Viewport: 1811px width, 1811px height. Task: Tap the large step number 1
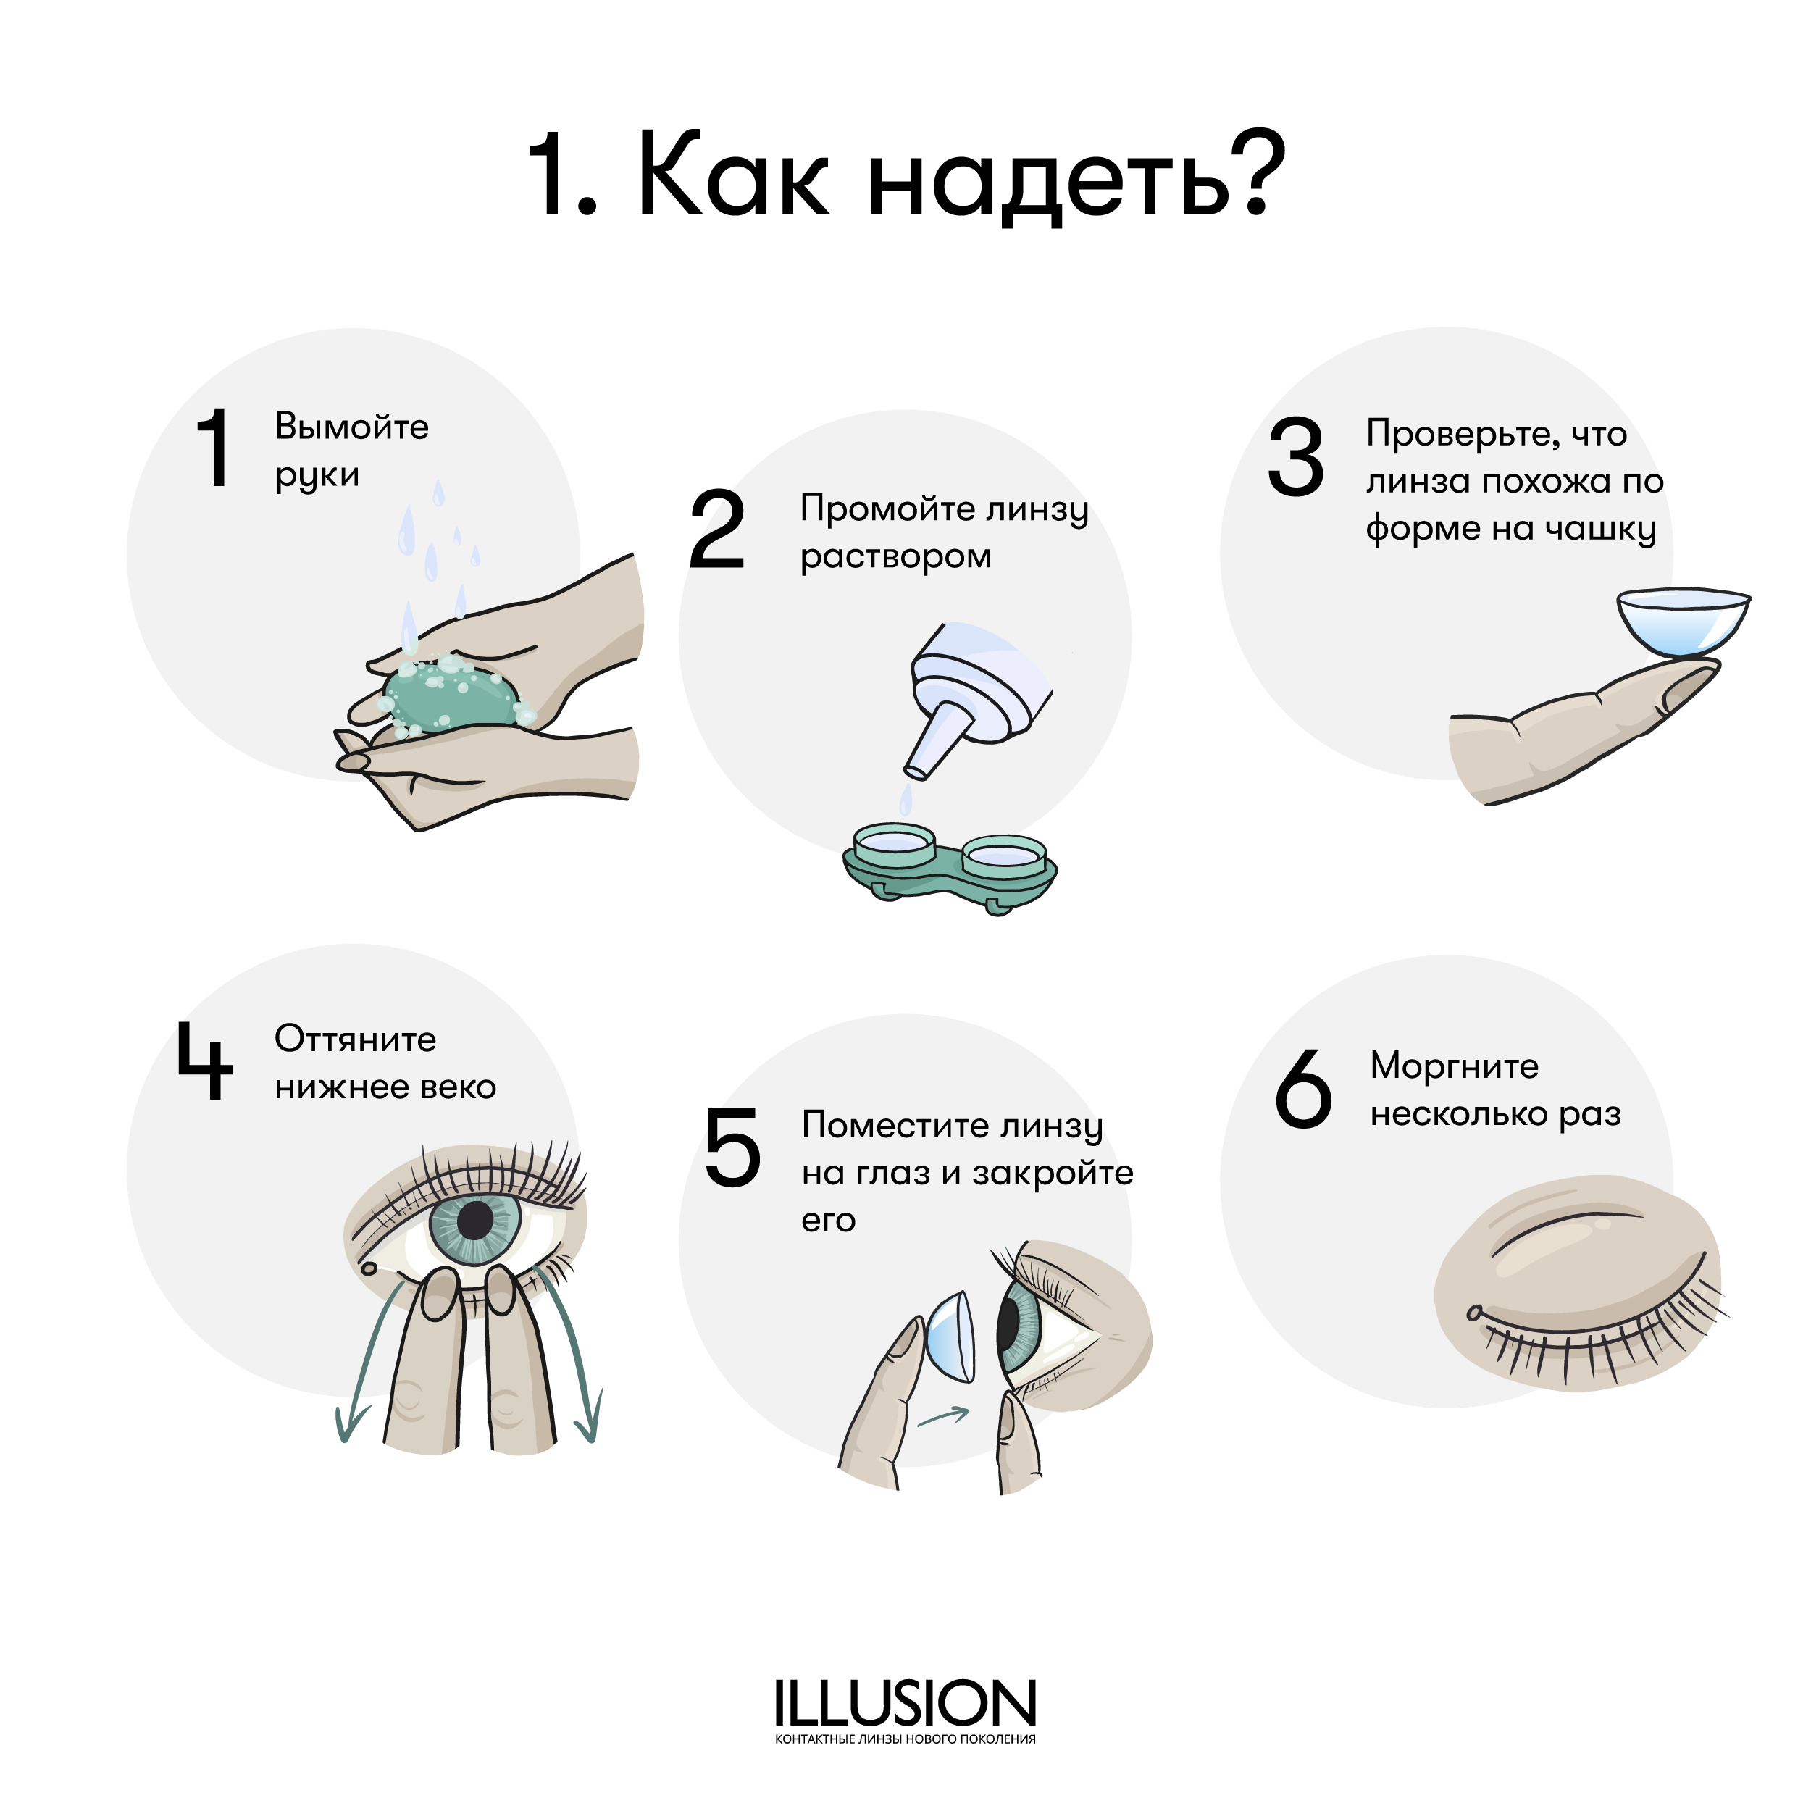216,448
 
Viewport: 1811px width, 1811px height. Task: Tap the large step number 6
1303,1087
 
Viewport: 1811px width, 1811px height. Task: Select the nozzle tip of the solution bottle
918,771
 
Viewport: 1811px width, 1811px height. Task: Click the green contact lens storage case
950,867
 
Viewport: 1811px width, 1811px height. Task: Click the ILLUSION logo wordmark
905,1703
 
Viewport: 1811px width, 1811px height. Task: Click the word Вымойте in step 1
351,427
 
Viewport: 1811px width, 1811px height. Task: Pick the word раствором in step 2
895,557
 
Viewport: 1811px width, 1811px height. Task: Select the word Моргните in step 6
1454,1066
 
